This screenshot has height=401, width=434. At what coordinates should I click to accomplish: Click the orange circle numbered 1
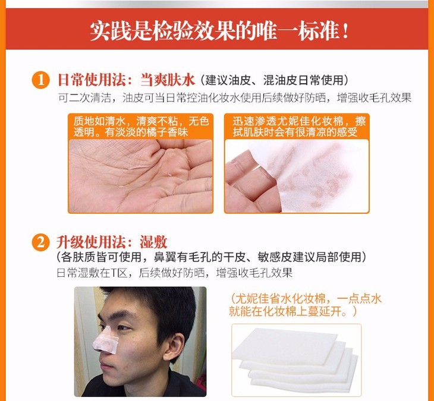pos(40,80)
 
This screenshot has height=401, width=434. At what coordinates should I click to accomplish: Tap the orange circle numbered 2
pos(40,242)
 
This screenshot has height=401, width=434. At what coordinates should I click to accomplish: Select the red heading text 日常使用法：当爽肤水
pos(127,80)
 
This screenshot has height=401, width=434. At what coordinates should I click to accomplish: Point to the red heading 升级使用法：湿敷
pos(112,242)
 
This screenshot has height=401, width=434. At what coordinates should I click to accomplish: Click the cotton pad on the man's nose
pos(106,340)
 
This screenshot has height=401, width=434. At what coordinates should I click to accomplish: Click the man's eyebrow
pos(124,315)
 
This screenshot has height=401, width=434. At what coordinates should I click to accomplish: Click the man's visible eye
pos(124,327)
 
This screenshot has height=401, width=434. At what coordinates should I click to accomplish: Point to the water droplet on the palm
pos(170,174)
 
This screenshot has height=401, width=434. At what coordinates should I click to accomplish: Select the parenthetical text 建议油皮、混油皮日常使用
pos(273,80)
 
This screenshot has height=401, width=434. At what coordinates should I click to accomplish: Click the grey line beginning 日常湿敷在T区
pos(174,273)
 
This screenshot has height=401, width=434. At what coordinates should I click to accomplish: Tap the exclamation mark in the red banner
pos(345,31)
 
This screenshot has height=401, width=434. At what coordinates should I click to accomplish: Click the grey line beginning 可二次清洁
pos(235,97)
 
